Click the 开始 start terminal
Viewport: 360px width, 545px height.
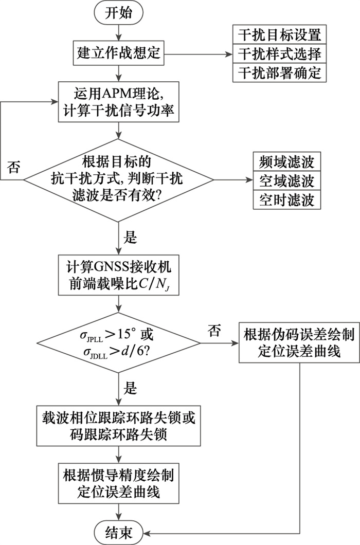click(118, 12)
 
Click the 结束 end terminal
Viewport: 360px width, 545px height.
click(118, 531)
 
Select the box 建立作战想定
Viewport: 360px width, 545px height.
click(118, 52)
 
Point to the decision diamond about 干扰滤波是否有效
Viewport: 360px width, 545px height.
click(118, 180)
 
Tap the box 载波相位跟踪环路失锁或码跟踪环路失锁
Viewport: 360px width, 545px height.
click(118, 426)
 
